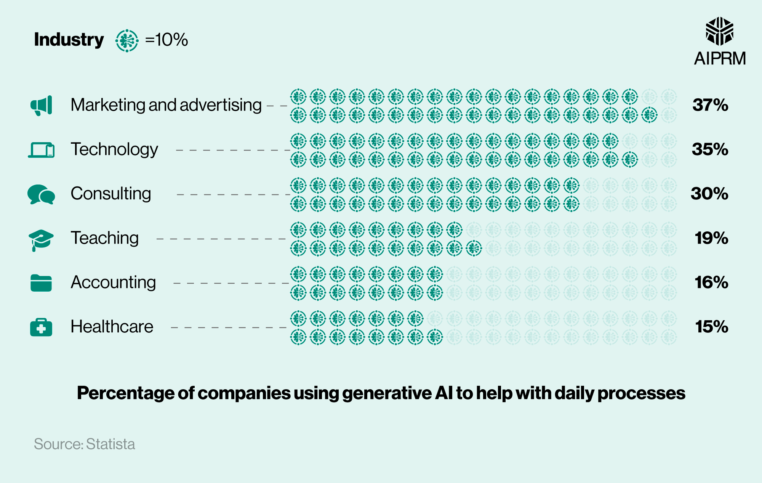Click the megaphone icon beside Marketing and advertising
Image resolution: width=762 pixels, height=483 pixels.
point(41,106)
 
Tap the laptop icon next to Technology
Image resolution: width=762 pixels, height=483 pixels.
point(41,150)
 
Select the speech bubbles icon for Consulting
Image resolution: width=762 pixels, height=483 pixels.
point(41,194)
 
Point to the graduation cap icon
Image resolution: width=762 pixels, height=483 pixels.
point(41,239)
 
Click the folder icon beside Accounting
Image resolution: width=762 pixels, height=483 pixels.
point(41,283)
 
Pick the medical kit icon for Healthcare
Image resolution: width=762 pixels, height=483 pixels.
point(41,327)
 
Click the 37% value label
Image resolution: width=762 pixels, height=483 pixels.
point(710,105)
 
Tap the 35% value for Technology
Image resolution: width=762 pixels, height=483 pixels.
point(710,149)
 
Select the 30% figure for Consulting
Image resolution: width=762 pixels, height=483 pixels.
point(709,194)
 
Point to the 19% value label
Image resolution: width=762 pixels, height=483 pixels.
point(711,238)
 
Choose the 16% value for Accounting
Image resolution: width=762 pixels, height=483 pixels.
point(711,282)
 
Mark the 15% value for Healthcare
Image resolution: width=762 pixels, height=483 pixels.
point(711,327)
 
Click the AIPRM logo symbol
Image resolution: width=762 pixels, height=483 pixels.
point(719,31)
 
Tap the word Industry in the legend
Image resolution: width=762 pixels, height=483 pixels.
point(69,40)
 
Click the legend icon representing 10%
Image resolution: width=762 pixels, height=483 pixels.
point(127,40)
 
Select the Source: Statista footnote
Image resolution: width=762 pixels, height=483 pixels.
point(84,444)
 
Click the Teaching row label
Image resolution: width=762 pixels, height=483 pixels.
point(105,238)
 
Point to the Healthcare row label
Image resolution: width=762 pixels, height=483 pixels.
point(112,327)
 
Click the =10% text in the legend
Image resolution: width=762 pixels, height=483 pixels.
point(166,40)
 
